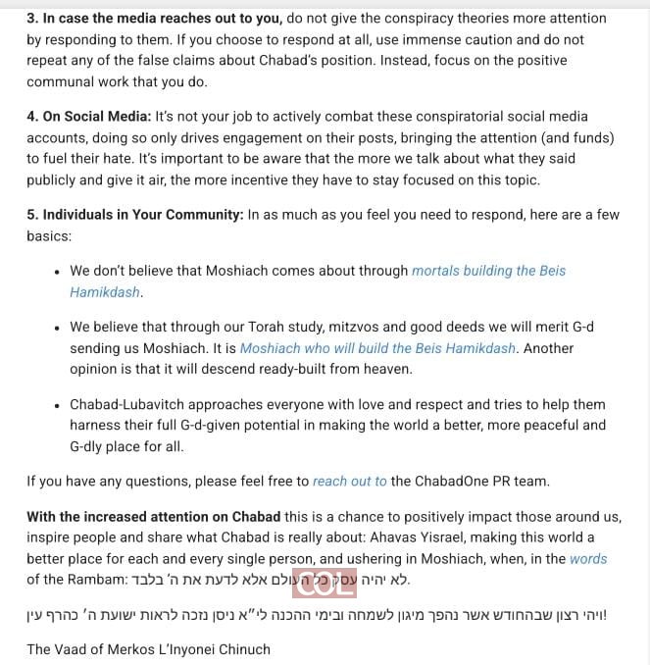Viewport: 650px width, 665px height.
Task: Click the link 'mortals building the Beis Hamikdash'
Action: (488, 271)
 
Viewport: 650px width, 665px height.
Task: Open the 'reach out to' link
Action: (349, 481)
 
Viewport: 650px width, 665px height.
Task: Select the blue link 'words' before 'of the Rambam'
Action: (587, 558)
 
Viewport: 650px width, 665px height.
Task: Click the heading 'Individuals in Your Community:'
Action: (135, 214)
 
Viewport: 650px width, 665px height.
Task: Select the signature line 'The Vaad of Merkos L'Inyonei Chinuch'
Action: (148, 648)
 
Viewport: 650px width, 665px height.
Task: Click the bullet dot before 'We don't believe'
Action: (59, 272)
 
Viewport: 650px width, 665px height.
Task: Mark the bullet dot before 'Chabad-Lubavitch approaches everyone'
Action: (59, 405)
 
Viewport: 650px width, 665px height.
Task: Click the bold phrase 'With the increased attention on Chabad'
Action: (154, 516)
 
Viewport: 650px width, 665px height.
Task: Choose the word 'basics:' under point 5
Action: (50, 235)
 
